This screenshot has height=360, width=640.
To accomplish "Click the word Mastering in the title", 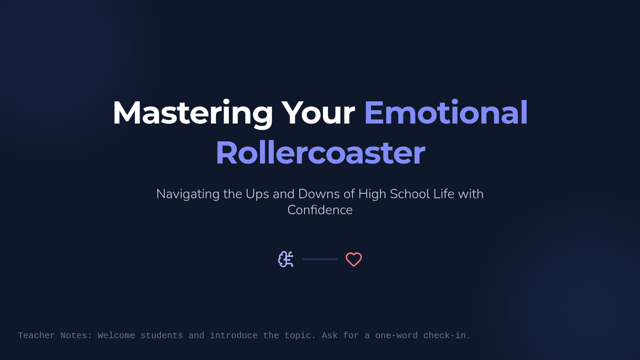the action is click(x=193, y=113).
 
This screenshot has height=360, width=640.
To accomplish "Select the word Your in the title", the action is click(x=318, y=113).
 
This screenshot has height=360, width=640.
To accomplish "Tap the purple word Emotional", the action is click(x=446, y=113).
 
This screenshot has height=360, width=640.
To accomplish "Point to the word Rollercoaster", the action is click(x=321, y=153).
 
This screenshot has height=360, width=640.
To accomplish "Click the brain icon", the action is click(x=286, y=259).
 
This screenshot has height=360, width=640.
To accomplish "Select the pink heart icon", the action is click(x=354, y=259).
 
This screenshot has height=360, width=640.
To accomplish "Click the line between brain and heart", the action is click(x=320, y=259).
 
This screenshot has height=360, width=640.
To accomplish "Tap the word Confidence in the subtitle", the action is click(x=320, y=210).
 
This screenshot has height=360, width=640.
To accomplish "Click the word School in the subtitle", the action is click(x=410, y=194).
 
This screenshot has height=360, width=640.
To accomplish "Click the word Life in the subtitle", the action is click(x=444, y=194).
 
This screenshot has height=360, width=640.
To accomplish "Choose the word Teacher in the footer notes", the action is click(x=36, y=335).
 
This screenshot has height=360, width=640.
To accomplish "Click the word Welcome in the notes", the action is click(x=116, y=335).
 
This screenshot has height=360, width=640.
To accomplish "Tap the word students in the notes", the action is click(x=162, y=335).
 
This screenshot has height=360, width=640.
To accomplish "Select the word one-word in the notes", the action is click(x=396, y=335).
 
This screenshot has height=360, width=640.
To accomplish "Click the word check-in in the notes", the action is click(x=445, y=335).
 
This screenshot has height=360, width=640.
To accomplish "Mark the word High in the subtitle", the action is click(x=372, y=195).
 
